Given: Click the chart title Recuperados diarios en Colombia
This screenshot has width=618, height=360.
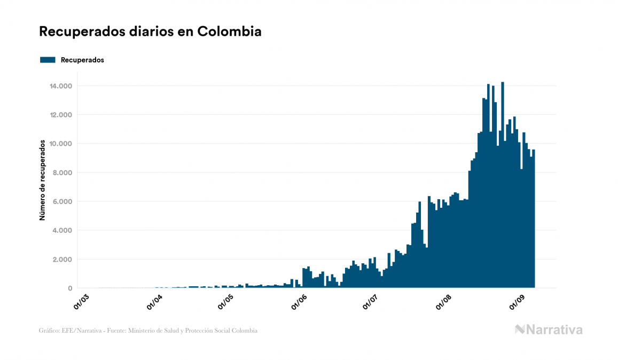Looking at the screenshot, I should [x=150, y=32].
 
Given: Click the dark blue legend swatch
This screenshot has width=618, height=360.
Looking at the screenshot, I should [x=48, y=60].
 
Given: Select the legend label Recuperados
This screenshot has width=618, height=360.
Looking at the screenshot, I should [x=82, y=60].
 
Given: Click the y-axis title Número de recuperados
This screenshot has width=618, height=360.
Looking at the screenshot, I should [x=42, y=179].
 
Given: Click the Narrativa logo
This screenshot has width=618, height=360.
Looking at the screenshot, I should [x=549, y=330].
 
